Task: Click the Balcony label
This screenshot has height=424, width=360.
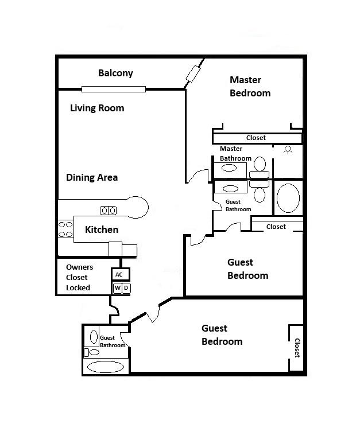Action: (x=115, y=73)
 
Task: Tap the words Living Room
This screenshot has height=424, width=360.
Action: (x=97, y=108)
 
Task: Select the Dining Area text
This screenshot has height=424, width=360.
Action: (x=92, y=177)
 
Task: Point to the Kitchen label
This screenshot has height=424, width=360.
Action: (x=102, y=229)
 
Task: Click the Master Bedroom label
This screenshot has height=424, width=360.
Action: (x=250, y=86)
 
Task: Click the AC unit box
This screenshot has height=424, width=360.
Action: (x=119, y=274)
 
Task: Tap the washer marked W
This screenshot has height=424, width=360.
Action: (x=117, y=288)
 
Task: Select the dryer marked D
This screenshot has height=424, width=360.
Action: (x=126, y=288)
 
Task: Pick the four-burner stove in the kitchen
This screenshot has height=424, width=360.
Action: (x=65, y=229)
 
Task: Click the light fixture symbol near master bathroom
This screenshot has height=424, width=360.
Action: (x=288, y=149)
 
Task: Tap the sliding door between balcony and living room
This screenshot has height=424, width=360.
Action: (x=113, y=89)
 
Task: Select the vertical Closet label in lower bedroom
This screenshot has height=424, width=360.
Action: (x=297, y=348)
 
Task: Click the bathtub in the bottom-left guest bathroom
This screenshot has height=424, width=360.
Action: (x=104, y=367)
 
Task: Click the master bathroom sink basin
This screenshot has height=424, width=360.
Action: (x=229, y=169)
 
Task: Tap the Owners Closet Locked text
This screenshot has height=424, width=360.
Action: (x=79, y=277)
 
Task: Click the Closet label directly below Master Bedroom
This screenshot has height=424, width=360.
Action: (x=256, y=138)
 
